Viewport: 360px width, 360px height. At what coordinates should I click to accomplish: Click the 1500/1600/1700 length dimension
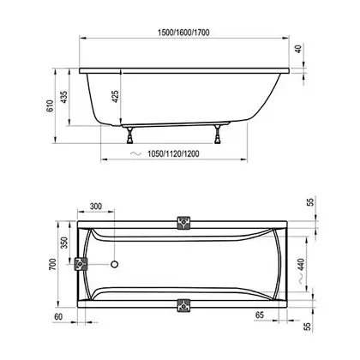(x=183, y=33)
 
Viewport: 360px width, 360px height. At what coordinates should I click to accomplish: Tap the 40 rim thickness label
(x=298, y=49)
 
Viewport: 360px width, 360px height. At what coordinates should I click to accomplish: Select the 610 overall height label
(x=50, y=106)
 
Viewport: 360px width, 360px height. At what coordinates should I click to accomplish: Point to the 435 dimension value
(x=64, y=97)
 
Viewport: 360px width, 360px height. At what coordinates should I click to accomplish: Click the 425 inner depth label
(x=116, y=97)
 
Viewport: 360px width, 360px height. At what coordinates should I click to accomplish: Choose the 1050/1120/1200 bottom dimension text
(x=173, y=153)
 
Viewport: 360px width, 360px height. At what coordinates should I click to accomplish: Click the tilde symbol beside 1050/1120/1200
(x=135, y=153)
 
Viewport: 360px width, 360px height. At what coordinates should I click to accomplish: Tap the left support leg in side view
(x=130, y=135)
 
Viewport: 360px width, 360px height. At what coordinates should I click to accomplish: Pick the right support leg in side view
(x=218, y=135)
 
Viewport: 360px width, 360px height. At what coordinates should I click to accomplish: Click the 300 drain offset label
(x=96, y=207)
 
